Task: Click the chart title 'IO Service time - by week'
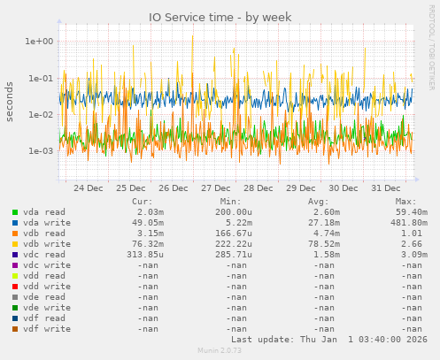click(220, 17)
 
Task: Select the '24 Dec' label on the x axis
click(88, 188)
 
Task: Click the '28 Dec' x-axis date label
click(259, 188)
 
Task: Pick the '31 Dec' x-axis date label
click(386, 188)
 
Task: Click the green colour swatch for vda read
click(15, 212)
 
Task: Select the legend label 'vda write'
click(44, 223)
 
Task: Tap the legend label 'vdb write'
click(44, 244)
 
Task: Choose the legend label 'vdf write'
click(44, 329)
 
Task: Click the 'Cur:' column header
click(142, 201)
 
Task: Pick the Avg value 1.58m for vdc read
click(325, 255)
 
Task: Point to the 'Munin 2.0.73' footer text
click(219, 351)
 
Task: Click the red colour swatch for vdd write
click(15, 287)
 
